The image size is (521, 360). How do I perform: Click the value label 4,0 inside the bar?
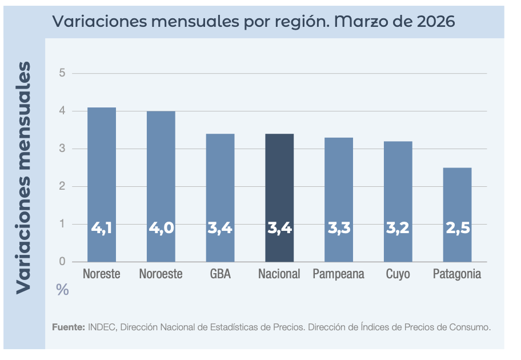click(161, 228)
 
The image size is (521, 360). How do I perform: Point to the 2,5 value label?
click(457, 228)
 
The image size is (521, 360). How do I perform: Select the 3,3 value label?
click(339, 228)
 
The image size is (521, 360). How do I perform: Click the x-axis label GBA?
click(220, 274)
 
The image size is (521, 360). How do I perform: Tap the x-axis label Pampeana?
click(338, 274)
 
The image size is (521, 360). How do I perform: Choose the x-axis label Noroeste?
click(161, 274)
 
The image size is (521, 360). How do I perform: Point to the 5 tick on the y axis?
click(62, 73)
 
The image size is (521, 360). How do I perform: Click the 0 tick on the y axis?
click(62, 262)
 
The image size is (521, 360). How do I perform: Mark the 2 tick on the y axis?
click(62, 186)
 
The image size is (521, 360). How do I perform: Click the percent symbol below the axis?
click(62, 290)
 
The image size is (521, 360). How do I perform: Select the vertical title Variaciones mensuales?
click(23, 177)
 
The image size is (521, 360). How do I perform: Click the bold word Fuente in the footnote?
click(69, 327)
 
